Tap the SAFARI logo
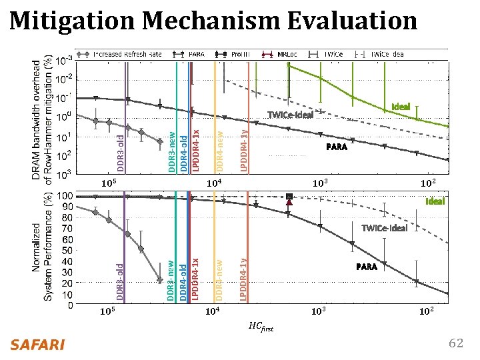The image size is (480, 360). (37, 344)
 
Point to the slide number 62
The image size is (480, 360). (456, 343)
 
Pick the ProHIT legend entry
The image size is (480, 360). (237, 53)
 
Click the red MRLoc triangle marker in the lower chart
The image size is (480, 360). (289, 203)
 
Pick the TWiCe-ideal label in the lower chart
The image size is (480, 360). (384, 229)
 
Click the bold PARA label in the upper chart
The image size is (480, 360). (336, 147)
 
